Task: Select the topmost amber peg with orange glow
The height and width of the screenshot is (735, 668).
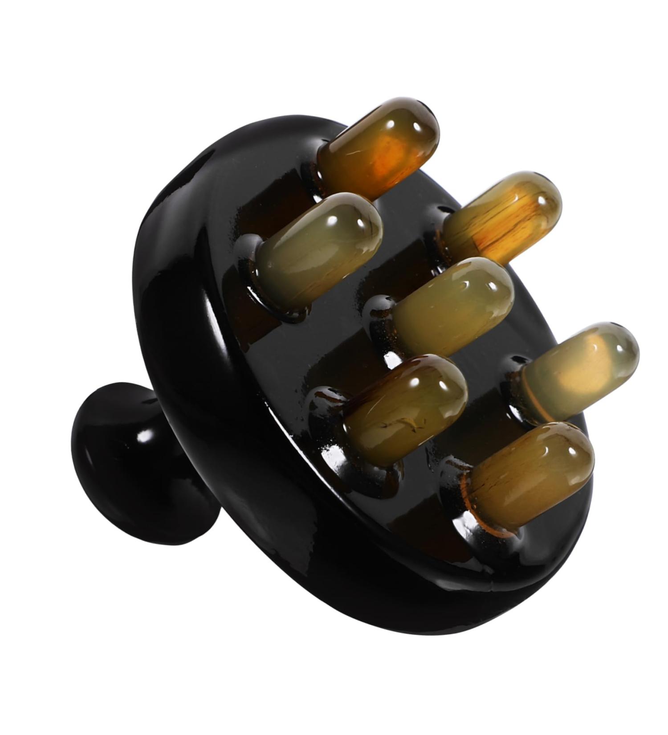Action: pyautogui.click(x=379, y=149)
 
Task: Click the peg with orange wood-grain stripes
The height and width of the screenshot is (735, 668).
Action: pyautogui.click(x=503, y=218)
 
